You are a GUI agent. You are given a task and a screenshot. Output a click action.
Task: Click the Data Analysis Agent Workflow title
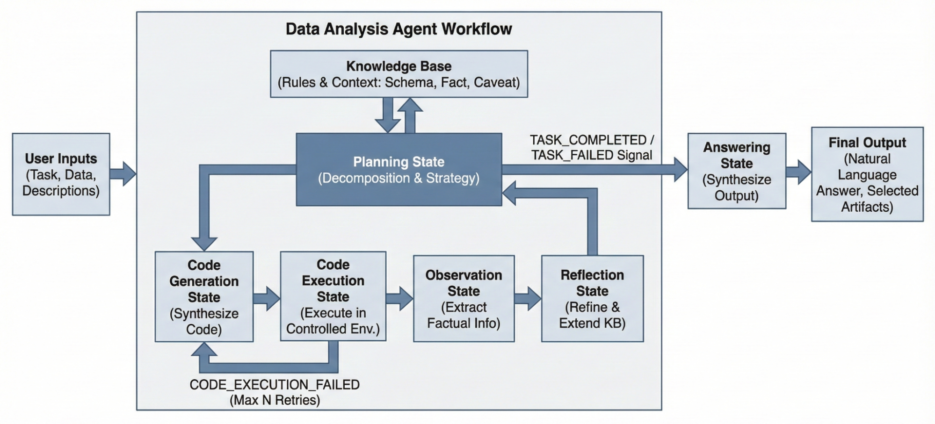coord(399,29)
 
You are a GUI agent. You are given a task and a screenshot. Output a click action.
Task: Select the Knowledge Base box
coord(399,74)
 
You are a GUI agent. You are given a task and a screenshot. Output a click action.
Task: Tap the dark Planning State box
coord(399,170)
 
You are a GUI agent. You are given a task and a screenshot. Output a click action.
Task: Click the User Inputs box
coord(61,174)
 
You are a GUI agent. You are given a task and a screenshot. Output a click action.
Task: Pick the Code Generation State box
coord(204,297)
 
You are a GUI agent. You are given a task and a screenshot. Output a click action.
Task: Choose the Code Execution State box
coord(333,296)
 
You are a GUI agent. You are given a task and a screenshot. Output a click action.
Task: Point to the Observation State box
coord(464,299)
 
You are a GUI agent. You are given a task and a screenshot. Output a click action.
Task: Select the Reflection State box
coord(592,299)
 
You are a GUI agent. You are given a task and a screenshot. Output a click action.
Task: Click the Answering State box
coord(737,171)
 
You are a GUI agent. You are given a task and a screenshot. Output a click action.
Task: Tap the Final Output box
coord(867,174)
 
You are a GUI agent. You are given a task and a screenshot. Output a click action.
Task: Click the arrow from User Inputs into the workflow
coord(123,174)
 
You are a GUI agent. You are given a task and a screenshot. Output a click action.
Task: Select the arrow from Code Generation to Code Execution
coord(267,298)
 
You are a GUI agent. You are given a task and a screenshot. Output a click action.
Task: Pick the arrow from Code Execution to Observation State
coord(399,298)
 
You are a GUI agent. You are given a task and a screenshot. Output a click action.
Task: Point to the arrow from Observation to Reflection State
coord(528,298)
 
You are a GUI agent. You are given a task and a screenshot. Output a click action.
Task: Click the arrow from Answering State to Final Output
coord(798,172)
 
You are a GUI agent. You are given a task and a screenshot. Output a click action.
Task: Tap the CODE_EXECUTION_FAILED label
coord(275,385)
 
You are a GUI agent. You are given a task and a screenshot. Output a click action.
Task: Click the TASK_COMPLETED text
coord(588,140)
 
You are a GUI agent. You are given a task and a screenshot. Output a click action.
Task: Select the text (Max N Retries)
coord(275,400)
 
